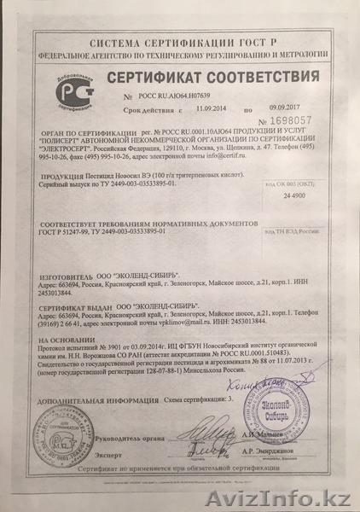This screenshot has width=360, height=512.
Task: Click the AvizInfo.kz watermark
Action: (x=311, y=498)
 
